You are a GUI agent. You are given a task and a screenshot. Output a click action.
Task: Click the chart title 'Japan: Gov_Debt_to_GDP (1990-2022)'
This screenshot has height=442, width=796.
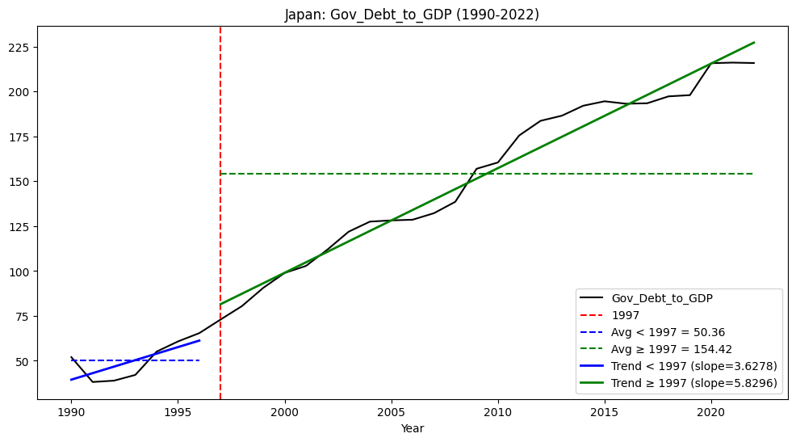coord(412,15)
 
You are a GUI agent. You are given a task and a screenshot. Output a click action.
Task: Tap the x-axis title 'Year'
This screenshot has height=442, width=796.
coord(412,429)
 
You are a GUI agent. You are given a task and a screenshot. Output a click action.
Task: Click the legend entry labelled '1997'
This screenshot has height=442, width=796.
coord(626,315)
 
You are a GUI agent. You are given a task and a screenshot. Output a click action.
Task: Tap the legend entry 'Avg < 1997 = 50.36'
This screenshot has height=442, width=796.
coord(662,332)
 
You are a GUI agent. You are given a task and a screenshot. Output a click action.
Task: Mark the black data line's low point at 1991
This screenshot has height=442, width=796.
coord(93,381)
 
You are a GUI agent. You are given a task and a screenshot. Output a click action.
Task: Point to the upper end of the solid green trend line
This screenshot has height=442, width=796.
coord(753,42)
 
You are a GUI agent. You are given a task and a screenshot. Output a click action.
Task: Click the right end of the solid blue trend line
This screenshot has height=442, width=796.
coord(199,340)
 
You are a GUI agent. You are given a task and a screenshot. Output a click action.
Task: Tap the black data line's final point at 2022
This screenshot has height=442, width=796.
coord(753,63)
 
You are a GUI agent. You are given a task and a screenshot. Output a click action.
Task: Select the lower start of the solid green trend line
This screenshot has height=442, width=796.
coord(220,305)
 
